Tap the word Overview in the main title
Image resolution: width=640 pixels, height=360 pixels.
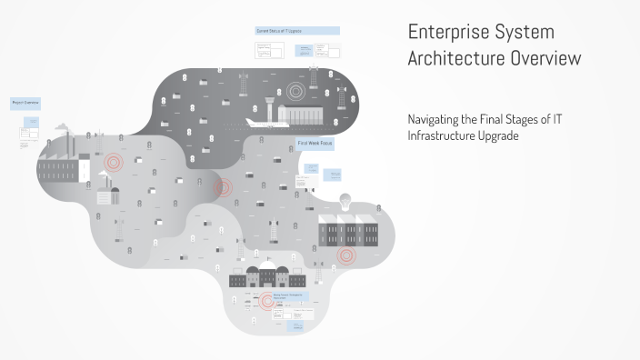click(548, 60)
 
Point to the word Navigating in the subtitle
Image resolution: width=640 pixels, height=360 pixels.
click(436, 119)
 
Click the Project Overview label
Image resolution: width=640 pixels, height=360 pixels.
click(25, 104)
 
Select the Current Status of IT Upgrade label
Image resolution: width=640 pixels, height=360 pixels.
click(297, 31)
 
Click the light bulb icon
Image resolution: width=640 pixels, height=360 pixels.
click(345, 199)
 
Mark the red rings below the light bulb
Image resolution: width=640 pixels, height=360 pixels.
click(345, 255)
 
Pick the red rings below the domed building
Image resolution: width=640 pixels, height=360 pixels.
click(267, 302)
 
